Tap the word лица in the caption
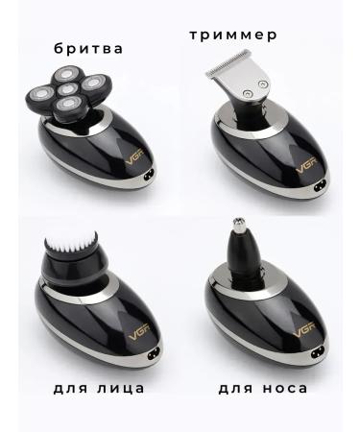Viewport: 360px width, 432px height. (x=119, y=388)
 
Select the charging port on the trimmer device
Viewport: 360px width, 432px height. (x=322, y=176)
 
